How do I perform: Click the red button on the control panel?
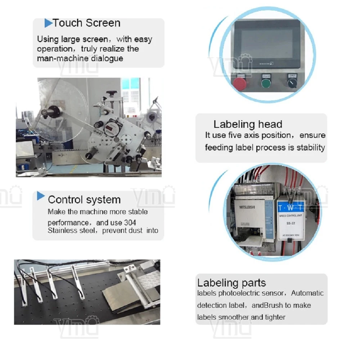239,83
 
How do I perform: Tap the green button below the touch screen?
266,84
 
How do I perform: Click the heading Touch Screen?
86,23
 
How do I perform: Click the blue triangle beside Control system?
41,196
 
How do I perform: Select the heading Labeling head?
248,125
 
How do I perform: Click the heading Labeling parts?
231,283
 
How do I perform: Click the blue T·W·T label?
291,208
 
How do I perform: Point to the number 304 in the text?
129,222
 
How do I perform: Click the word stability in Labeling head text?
311,147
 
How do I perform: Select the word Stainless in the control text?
63,230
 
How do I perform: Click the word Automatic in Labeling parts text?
307,293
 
